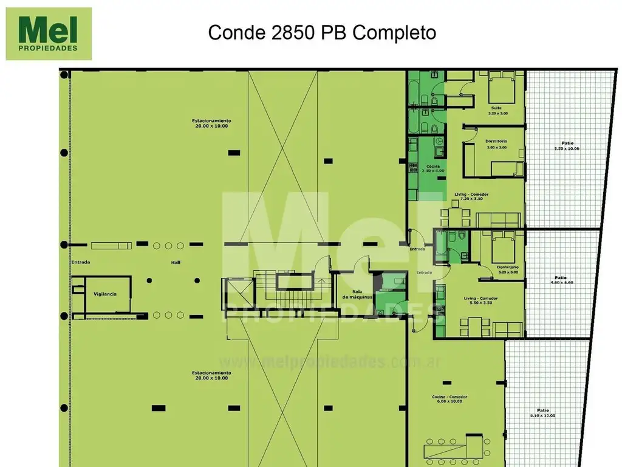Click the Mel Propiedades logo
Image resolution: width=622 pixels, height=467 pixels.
click(x=49, y=34)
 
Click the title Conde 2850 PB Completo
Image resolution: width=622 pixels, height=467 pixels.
click(x=322, y=32)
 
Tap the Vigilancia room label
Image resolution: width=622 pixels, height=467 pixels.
click(x=105, y=294)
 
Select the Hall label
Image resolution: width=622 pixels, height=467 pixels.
click(x=176, y=263)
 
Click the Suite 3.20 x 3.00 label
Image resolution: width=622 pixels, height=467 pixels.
click(x=497, y=111)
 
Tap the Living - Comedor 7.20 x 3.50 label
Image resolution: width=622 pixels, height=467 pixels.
click(x=471, y=196)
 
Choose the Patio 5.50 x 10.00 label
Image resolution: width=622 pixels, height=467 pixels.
click(x=567, y=145)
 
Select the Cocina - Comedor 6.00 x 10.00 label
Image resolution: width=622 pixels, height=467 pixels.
click(x=447, y=399)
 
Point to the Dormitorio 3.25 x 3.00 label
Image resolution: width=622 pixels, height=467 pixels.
click(x=507, y=269)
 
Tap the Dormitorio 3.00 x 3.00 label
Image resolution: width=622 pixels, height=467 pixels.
click(x=496, y=145)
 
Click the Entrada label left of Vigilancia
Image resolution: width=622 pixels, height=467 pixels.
click(x=80, y=263)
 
